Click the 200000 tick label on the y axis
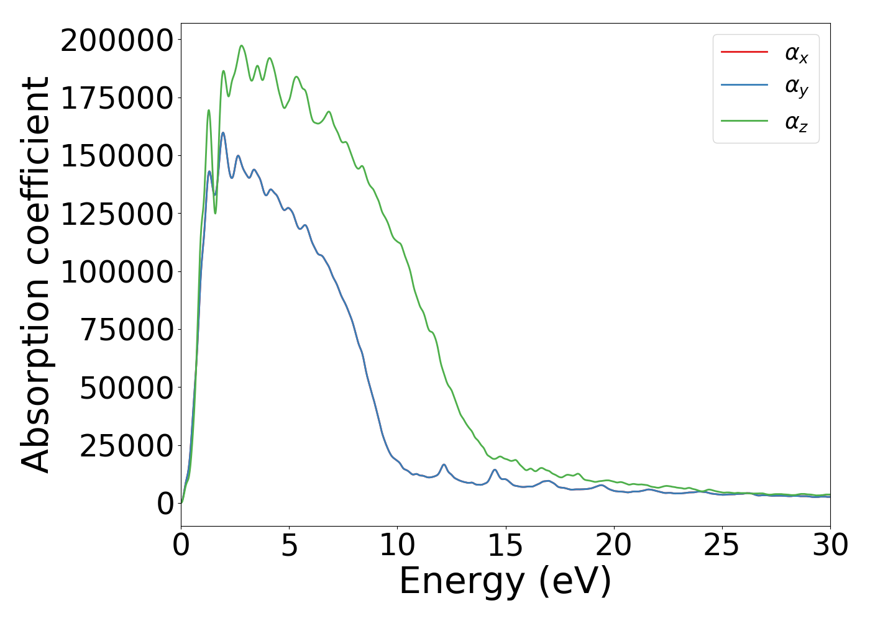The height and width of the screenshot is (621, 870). (x=116, y=41)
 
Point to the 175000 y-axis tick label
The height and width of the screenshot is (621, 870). (x=116, y=99)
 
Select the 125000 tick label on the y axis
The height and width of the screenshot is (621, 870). (x=116, y=214)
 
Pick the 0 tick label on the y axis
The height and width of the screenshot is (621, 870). (x=165, y=504)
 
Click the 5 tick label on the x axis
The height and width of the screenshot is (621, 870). (x=289, y=546)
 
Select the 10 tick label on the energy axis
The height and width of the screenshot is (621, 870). (x=397, y=546)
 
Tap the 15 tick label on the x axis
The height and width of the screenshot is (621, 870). (x=505, y=546)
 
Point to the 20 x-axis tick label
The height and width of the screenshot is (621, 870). (x=613, y=546)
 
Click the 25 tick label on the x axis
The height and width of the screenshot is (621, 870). (x=721, y=546)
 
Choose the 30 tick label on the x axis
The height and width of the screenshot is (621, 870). (x=830, y=546)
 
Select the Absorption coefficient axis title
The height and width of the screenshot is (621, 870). (x=35, y=274)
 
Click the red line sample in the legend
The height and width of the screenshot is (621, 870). (x=744, y=52)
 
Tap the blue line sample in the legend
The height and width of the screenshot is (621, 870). (x=744, y=85)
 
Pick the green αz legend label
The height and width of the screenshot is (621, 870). (x=796, y=122)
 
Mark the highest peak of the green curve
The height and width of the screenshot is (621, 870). (x=242, y=46)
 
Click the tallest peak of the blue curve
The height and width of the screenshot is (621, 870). (x=223, y=133)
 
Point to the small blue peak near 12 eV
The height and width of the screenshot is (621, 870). (x=444, y=465)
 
